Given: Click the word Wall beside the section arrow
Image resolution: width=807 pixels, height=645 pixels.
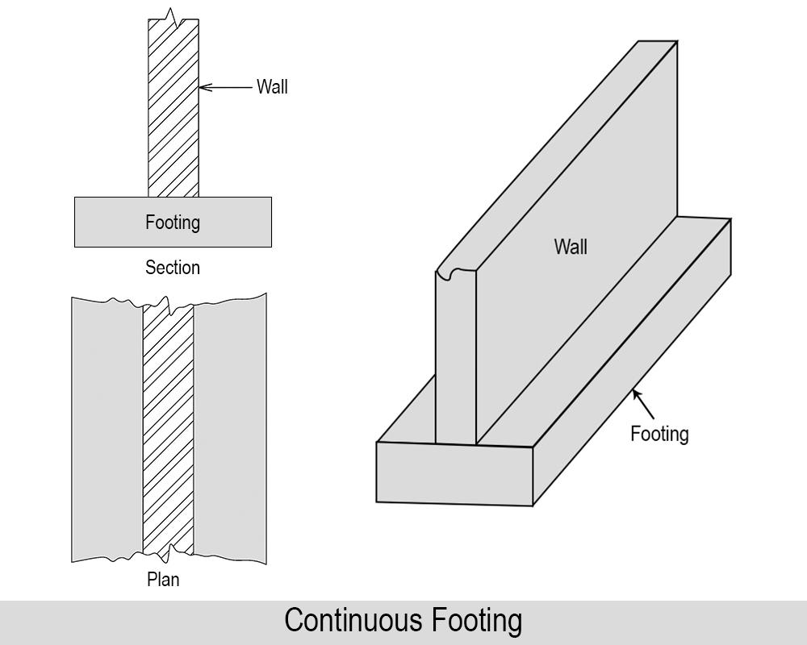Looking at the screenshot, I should pos(272,87).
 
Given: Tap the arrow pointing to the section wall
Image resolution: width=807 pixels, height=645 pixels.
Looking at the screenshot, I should pos(226,87).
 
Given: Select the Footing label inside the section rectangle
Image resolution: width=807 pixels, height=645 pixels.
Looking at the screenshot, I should pos(173,222).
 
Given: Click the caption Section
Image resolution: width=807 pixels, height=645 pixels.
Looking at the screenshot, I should pos(173,268).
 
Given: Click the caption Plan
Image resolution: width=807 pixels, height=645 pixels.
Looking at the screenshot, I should pos(163,578).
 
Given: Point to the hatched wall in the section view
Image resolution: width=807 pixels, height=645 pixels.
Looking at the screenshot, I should pos(174,121).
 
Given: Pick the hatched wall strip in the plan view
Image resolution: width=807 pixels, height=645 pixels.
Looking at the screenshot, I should pos(169,427).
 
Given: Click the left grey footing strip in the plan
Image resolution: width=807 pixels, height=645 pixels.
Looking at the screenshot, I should pos(107,427).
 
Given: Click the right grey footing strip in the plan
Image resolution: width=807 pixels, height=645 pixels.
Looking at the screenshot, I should pos(231,427).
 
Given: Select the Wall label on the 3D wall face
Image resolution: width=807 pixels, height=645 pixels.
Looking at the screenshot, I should pos(571,247).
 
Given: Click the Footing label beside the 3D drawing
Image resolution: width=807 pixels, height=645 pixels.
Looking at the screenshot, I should pos(659,435).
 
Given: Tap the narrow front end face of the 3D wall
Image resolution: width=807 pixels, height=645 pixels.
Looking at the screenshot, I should pos(456,363).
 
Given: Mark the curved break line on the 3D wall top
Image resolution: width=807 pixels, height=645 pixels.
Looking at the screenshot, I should pos(456,274).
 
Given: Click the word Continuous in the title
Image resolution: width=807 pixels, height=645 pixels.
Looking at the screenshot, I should pos(354,622).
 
